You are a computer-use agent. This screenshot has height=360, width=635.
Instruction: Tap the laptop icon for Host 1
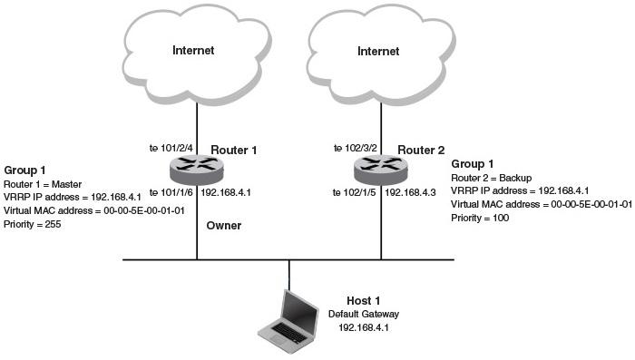(289, 318)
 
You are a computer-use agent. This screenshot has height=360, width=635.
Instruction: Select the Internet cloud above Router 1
(194, 51)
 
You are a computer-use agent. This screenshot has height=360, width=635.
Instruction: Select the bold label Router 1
(235, 149)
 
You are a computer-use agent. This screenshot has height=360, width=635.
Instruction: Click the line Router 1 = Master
(45, 182)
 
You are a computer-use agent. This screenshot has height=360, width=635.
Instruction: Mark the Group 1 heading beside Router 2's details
(472, 164)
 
